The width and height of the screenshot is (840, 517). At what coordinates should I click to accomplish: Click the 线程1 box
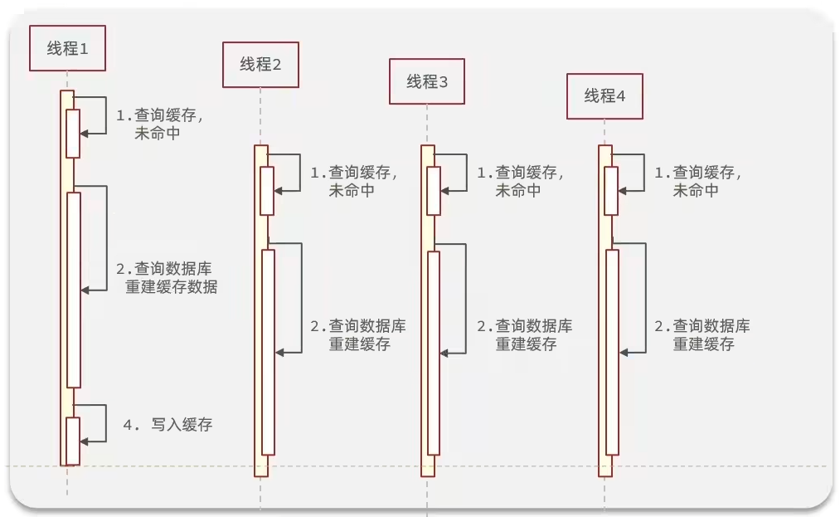[67, 48]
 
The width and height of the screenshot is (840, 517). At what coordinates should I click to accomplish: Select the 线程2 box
[260, 65]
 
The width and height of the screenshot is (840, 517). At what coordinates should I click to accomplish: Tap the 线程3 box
[426, 81]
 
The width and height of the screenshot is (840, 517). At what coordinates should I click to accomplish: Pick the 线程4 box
[605, 96]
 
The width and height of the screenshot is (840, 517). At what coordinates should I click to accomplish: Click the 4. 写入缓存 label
[168, 425]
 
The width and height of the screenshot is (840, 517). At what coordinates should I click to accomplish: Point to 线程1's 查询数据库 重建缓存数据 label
[167, 278]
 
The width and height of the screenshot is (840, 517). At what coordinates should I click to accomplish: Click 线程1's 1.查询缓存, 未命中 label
[159, 124]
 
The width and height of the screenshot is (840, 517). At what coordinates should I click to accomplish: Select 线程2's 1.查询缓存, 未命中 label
[354, 181]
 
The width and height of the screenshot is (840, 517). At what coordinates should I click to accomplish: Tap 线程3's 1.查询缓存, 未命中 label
[521, 181]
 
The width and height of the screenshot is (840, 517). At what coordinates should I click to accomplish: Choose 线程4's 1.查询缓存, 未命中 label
[698, 181]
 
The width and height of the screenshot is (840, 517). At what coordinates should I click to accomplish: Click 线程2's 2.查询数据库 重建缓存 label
[358, 334]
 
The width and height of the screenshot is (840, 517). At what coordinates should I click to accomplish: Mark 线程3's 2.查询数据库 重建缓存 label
[524, 334]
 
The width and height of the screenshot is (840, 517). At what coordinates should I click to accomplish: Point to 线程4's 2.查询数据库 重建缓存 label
[702, 334]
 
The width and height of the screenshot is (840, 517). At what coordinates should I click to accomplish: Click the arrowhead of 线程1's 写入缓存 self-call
[84, 441]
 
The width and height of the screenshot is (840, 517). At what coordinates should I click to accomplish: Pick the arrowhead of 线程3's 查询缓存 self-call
[445, 190]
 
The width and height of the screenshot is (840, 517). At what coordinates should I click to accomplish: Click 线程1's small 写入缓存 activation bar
[73, 441]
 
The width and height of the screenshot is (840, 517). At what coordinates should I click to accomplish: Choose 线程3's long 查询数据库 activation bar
[434, 353]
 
